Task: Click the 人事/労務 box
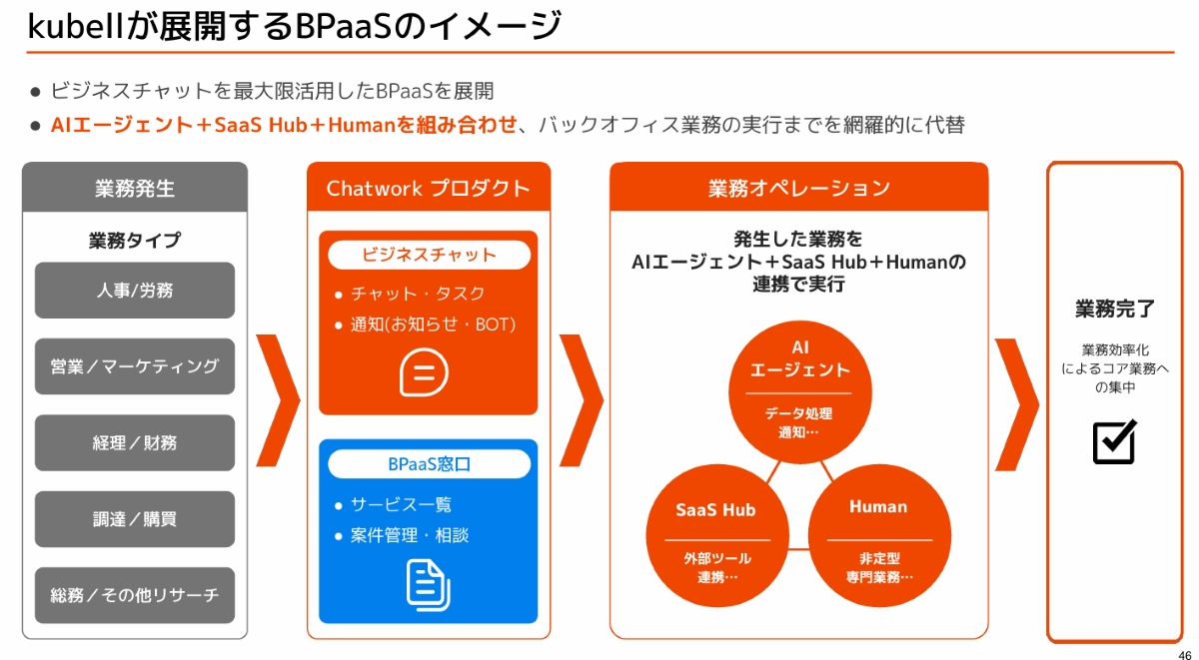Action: coord(135,291)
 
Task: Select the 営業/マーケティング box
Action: coord(135,366)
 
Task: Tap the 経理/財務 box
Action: coord(135,442)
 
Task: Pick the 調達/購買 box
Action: coord(135,519)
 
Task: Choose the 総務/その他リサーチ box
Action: coord(135,595)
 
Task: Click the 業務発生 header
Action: coord(135,188)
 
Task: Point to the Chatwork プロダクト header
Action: coord(429,188)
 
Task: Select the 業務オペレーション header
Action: coord(798,188)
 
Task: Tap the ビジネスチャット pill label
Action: coord(429,255)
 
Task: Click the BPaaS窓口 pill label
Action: coord(429,464)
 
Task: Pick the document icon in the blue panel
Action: coord(428,585)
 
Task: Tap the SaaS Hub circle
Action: coord(715,539)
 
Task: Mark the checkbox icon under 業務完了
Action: coord(1114,442)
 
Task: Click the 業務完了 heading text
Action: coord(1115,309)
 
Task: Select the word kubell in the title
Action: coord(76,25)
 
